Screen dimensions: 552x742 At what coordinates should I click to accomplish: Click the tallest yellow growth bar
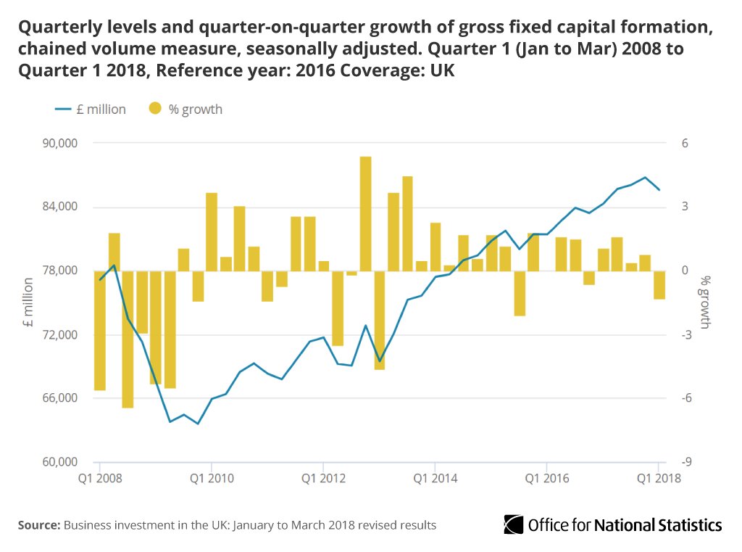[365, 213]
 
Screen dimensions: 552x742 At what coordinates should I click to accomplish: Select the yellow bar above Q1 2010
[212, 231]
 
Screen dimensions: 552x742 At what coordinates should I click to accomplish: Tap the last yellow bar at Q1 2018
[659, 284]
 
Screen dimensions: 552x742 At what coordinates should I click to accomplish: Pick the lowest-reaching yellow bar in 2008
[128, 339]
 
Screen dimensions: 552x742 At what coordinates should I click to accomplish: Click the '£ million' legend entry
[91, 110]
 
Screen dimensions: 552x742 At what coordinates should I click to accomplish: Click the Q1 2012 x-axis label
[322, 478]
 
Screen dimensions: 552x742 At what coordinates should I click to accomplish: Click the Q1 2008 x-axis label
[99, 478]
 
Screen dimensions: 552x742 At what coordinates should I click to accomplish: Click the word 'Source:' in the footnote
[39, 524]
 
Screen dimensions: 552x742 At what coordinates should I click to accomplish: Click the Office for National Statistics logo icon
[514, 524]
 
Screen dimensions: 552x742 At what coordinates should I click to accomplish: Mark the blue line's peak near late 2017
[645, 177]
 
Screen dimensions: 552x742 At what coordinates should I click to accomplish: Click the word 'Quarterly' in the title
[60, 29]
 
